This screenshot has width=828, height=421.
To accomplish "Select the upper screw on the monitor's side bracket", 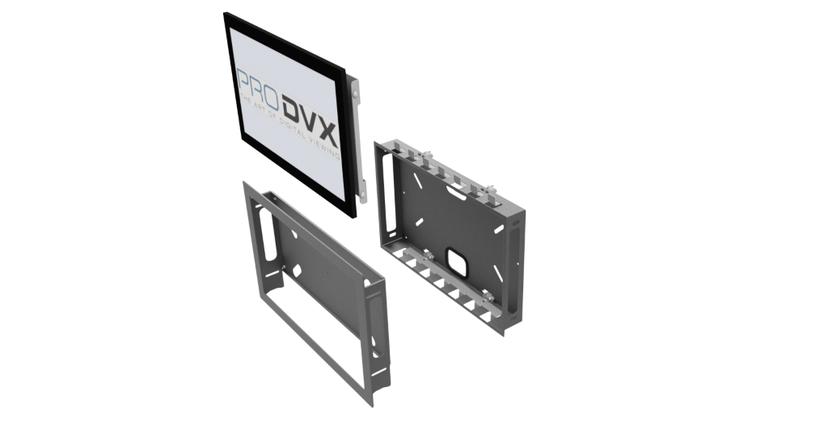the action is [x=355, y=94].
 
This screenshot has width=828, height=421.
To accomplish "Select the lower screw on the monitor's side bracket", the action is [x=363, y=197].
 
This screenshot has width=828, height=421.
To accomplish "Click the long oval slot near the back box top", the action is [x=456, y=192].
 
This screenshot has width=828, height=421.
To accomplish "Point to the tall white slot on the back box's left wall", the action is [x=391, y=192].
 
